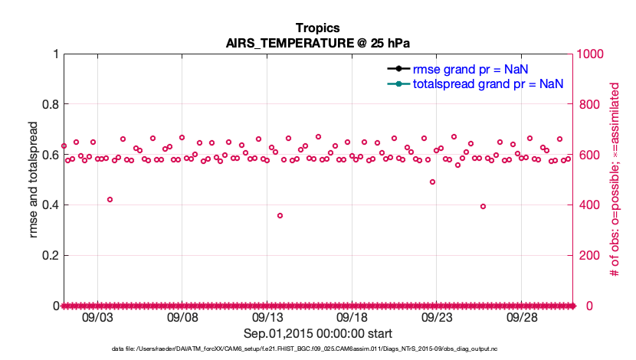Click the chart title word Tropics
click(x=317, y=28)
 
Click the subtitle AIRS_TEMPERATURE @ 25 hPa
click(x=317, y=43)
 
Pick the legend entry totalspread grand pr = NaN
click(x=488, y=83)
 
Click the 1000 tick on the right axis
click(x=591, y=54)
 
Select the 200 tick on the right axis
click(x=588, y=256)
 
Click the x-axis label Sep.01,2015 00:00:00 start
click(x=317, y=333)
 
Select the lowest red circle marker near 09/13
click(x=280, y=215)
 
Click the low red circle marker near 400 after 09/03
click(x=110, y=199)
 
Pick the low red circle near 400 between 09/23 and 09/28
click(x=483, y=206)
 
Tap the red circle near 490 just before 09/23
click(x=432, y=182)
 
